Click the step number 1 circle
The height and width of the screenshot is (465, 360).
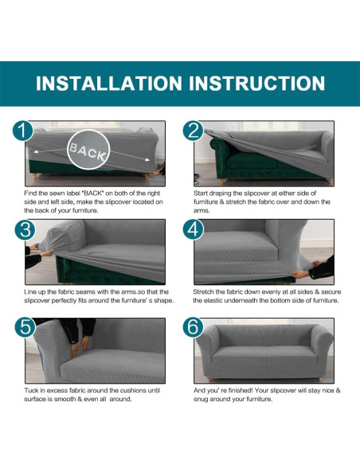23,131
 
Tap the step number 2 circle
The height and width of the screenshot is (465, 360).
194,131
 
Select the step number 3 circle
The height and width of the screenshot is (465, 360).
25,229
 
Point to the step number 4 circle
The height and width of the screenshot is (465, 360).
194,229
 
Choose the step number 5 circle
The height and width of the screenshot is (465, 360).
25,327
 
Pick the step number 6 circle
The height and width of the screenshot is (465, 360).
194,327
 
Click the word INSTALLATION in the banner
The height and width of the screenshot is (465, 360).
109,84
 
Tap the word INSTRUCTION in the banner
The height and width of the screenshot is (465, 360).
256,84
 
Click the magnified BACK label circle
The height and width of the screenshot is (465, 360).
88,150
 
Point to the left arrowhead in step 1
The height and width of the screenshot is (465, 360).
35,152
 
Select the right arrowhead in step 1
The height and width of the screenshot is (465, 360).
147,159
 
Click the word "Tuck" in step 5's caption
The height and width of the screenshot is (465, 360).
31,390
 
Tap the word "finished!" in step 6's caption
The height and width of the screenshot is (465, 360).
241,390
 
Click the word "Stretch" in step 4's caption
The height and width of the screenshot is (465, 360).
203,291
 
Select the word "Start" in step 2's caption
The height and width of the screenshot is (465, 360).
201,193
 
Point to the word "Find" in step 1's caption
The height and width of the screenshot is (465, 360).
30,193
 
